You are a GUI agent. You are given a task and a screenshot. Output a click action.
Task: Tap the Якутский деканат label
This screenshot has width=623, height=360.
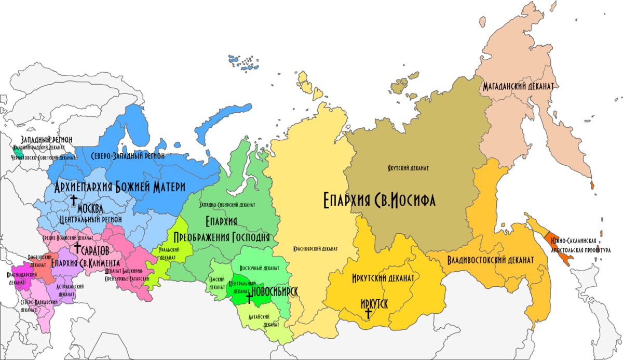click(408, 168)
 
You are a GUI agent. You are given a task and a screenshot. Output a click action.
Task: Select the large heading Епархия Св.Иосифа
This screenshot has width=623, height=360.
click(378, 199)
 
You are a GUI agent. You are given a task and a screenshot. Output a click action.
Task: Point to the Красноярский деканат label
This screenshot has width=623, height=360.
click(315, 249)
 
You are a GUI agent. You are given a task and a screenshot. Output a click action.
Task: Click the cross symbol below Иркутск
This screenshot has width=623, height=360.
click(368, 313)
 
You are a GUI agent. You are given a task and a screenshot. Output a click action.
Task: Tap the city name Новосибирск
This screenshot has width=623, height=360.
click(274, 291)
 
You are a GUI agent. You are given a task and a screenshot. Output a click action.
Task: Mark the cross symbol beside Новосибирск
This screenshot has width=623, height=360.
click(249, 297)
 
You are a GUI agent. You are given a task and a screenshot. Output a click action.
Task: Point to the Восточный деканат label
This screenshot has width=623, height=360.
click(260, 269)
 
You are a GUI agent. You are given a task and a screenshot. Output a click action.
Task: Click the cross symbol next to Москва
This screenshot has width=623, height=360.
click(73, 199)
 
